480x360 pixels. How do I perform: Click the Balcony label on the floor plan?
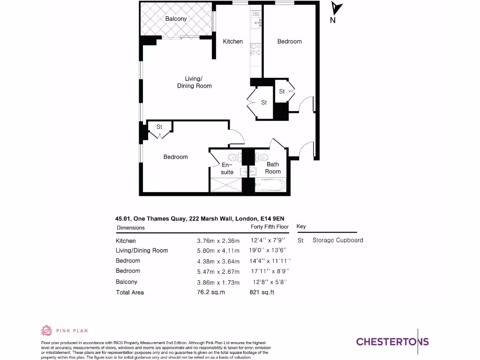(x=176, y=19)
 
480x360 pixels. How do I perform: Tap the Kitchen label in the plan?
(x=232, y=41)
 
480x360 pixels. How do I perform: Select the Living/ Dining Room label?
(x=194, y=82)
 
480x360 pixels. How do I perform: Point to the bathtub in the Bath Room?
(x=270, y=186)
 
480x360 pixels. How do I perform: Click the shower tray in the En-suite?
(x=226, y=186)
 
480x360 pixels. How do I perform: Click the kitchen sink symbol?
(x=256, y=21)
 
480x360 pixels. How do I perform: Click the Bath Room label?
(x=273, y=168)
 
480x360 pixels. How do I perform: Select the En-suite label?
(x=227, y=168)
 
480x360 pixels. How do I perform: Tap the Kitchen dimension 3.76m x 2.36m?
(x=218, y=241)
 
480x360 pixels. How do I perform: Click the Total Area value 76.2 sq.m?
(x=211, y=292)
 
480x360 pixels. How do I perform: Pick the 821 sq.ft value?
(x=262, y=292)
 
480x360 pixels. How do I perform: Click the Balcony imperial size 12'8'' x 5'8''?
(x=269, y=282)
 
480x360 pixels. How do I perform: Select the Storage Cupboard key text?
(x=337, y=240)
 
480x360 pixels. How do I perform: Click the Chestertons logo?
(x=392, y=341)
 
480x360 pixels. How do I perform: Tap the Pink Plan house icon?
(x=46, y=331)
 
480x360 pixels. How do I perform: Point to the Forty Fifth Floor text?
(x=270, y=227)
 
